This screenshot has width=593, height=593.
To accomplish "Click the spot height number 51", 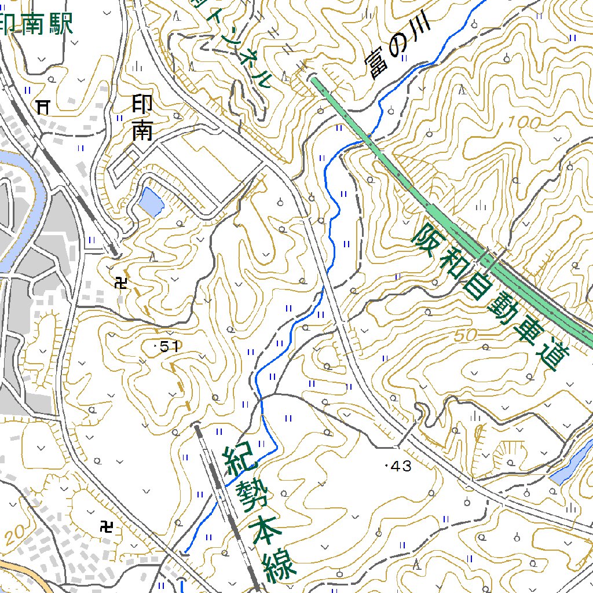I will [x=168, y=347].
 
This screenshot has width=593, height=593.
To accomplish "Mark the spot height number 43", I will [x=400, y=466].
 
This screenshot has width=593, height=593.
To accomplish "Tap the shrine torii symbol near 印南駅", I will [x=43, y=106].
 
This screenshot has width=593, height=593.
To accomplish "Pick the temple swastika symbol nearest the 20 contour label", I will [x=107, y=527].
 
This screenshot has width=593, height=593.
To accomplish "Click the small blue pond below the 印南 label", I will [x=151, y=202].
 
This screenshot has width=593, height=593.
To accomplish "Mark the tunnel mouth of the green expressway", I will [x=313, y=78].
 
